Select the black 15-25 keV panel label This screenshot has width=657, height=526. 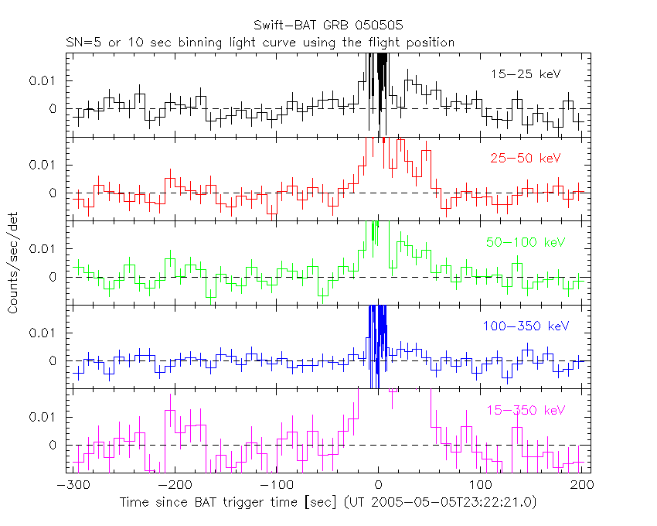[525, 74]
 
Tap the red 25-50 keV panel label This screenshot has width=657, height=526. [524, 158]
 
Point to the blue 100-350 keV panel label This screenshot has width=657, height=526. [526, 326]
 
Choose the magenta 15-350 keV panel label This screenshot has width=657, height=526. [525, 410]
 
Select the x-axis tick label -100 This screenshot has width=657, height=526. [277, 485]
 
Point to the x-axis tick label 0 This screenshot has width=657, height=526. [378, 485]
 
